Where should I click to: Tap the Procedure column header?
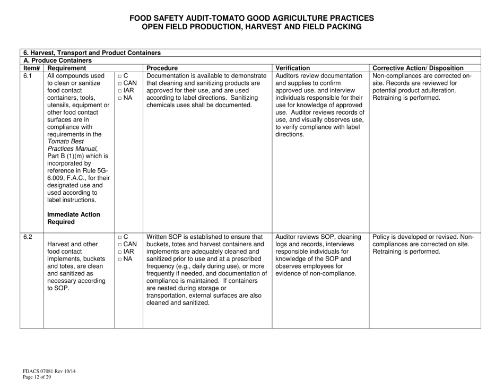[165, 68]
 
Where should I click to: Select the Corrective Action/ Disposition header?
[417, 68]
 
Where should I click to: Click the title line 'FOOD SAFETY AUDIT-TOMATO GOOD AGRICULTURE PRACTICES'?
[251, 18]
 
